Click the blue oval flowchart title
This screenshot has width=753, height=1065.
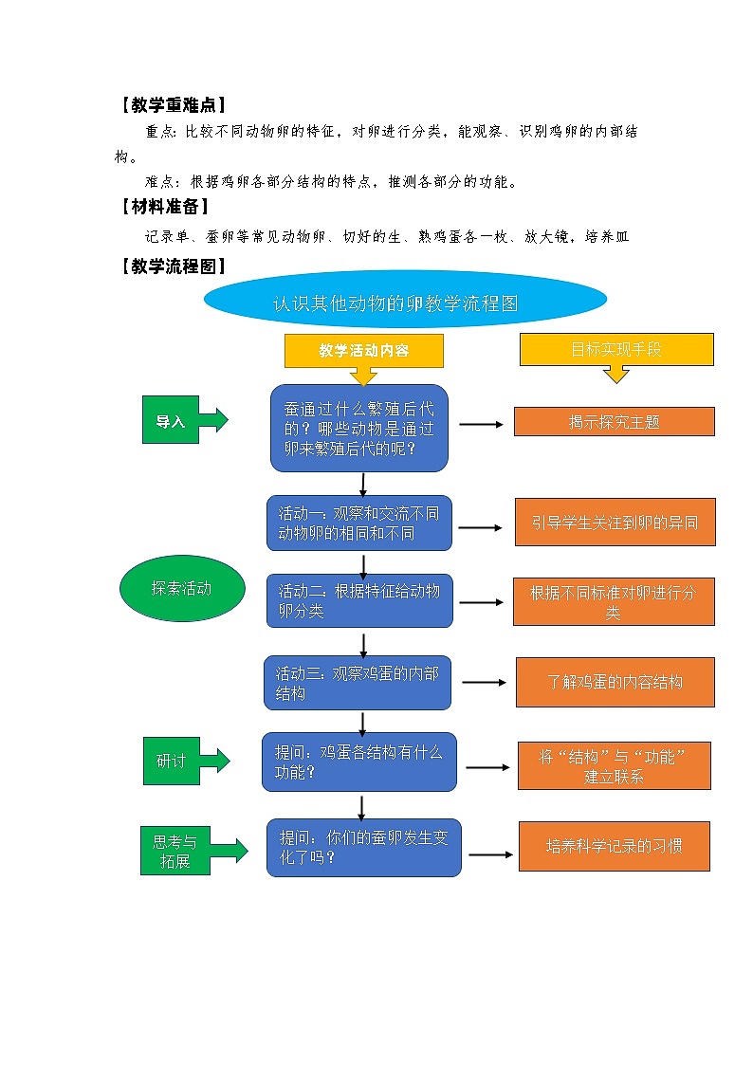coord(405,303)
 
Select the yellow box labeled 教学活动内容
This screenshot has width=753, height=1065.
coord(364,350)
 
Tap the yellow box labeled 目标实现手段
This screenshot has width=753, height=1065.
coord(616,349)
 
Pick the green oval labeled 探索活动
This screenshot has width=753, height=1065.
coord(182,588)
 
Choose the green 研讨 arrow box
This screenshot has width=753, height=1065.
coord(174,761)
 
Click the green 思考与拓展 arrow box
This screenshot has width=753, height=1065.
coord(177,850)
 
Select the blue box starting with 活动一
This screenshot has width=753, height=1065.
coord(359,523)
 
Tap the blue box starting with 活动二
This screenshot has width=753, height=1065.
coord(359,600)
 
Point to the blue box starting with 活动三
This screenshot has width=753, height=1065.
coord(358,683)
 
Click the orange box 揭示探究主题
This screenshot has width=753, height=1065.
coord(614,422)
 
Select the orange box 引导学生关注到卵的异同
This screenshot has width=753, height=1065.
coord(615,523)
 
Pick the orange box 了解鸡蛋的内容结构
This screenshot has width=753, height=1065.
coord(615,682)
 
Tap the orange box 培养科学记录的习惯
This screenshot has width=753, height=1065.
coord(615,846)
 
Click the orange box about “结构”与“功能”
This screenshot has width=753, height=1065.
coord(614,766)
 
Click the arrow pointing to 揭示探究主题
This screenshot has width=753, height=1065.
coord(482,424)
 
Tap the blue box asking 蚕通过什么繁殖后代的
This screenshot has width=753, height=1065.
coord(359,429)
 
